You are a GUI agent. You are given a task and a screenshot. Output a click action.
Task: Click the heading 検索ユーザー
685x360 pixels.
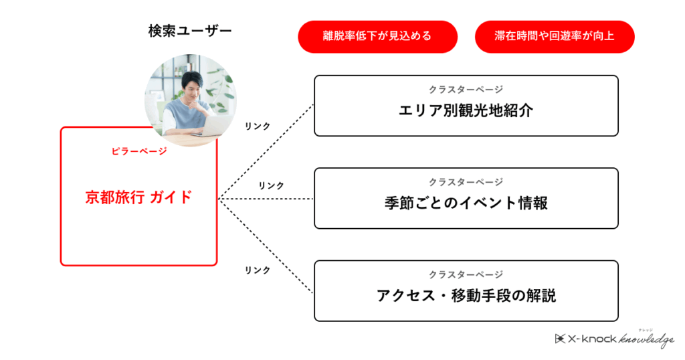(189, 31)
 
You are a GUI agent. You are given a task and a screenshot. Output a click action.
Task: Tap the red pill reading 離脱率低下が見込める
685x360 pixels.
(377, 37)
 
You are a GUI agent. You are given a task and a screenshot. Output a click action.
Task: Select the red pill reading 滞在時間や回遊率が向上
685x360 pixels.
(555, 37)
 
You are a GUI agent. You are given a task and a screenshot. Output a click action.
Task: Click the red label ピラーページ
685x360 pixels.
(139, 151)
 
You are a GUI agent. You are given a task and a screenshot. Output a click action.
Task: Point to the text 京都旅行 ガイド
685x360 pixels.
(138, 197)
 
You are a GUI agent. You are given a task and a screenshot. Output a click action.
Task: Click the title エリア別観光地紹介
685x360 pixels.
(466, 110)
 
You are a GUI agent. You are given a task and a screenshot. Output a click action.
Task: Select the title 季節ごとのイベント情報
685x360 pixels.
(466, 203)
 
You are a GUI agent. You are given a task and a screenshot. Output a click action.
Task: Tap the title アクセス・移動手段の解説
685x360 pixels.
(466, 296)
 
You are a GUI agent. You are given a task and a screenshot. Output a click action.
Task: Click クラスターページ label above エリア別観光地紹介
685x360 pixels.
(466, 90)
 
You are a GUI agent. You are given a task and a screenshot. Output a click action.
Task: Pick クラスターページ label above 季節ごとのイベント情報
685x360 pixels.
(466, 182)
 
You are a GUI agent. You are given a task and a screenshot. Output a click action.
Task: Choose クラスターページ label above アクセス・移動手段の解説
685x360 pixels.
(466, 275)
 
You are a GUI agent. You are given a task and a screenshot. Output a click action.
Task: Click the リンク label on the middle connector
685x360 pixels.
(271, 185)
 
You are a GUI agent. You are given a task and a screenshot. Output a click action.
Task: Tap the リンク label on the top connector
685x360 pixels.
(258, 126)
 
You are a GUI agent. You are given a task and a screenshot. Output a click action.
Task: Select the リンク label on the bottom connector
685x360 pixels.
(258, 270)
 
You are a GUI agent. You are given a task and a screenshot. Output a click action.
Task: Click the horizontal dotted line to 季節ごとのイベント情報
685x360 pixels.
(266, 199)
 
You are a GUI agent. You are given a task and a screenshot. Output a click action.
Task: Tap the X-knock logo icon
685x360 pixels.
(560, 339)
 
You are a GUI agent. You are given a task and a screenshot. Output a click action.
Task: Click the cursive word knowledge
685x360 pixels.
(647, 339)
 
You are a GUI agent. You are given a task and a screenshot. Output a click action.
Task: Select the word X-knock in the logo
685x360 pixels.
(592, 339)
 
